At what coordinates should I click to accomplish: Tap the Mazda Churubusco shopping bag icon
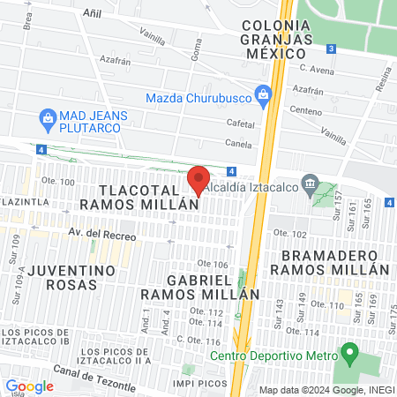click(262, 94)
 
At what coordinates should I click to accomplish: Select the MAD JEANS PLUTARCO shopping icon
click(49, 116)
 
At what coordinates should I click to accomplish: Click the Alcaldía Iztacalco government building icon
click(310, 184)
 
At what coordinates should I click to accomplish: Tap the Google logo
click(29, 386)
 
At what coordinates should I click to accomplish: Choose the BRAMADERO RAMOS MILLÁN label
click(334, 262)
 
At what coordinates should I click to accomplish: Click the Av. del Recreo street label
click(103, 235)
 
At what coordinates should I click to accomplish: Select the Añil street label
click(91, 14)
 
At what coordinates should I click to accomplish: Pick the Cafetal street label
click(240, 124)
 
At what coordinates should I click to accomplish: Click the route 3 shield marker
click(330, 49)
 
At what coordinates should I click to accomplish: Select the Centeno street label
click(306, 112)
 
